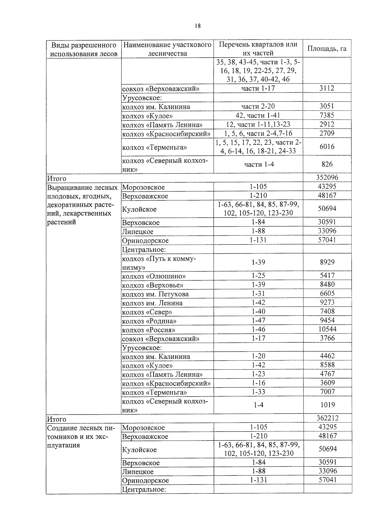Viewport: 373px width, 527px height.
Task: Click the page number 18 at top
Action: [x=198, y=26]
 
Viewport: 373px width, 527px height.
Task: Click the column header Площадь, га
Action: [x=327, y=49]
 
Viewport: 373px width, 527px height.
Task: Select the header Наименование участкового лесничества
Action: [x=167, y=49]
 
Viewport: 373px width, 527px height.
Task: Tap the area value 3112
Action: [x=327, y=88]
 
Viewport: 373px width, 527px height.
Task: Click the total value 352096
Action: [x=327, y=178]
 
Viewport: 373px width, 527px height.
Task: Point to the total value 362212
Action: [x=327, y=418]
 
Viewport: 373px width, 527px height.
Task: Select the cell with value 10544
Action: [x=327, y=329]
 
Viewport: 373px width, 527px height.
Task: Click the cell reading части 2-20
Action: [x=258, y=107]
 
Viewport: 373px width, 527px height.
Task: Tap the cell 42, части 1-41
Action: [x=258, y=116]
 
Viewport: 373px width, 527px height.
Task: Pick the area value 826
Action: [x=327, y=164]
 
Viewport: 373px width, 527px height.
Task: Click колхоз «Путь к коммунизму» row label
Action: [x=159, y=263]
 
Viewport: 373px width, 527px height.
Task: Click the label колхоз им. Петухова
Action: [x=155, y=294]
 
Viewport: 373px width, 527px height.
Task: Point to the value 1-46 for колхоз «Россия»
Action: [x=258, y=329]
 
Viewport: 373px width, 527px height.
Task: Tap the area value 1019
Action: [x=327, y=405]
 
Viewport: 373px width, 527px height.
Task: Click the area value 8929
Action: [x=327, y=262]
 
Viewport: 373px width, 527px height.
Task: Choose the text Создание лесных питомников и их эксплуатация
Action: [x=81, y=437]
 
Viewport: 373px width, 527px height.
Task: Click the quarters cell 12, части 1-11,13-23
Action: [x=258, y=125]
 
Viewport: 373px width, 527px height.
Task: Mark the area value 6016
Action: [x=327, y=147]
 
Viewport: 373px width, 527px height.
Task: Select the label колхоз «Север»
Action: [x=147, y=312]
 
